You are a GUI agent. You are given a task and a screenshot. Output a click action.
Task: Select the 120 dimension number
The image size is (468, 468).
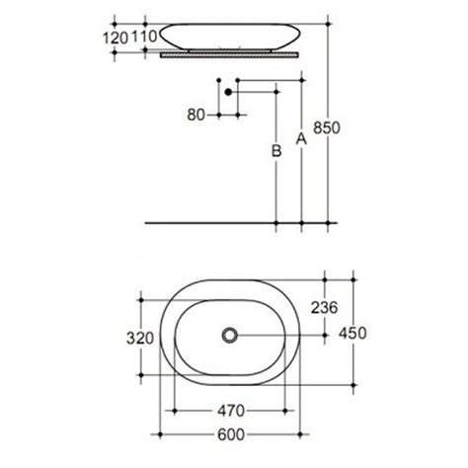117,37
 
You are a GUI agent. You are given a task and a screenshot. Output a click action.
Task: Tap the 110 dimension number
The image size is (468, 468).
145,37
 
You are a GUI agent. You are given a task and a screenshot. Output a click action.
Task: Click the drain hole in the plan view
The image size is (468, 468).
233,336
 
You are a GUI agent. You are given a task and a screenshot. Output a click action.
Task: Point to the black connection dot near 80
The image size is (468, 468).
229,91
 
